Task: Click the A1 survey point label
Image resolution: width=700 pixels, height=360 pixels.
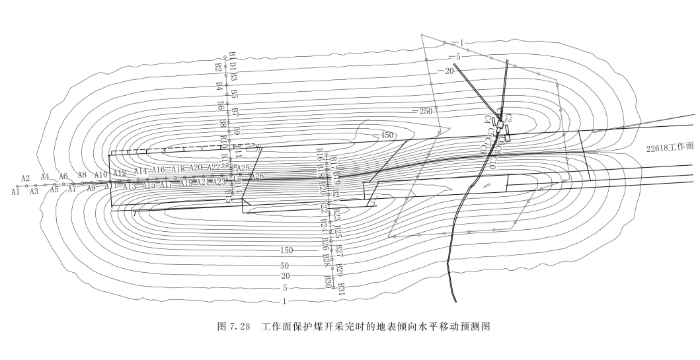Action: (15, 192)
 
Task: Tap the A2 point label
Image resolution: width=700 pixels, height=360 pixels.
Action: (26, 178)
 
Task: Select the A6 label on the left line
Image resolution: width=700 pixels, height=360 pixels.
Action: (63, 176)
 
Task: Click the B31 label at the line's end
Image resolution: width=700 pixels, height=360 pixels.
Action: (341, 289)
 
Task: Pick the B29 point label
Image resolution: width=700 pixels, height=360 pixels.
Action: (340, 270)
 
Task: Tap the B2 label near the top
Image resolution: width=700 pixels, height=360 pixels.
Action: (218, 67)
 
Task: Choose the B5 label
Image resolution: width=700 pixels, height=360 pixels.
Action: (234, 93)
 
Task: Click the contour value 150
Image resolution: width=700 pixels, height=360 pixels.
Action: (286, 251)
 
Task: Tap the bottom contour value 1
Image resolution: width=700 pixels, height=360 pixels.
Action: (284, 301)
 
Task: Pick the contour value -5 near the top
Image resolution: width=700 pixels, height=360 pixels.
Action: (454, 57)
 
